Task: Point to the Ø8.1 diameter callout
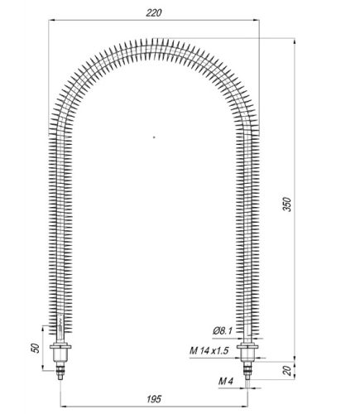222,331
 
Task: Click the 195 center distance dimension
155,398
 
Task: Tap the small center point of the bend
154,135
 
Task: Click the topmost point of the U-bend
154,40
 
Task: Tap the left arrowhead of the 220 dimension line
53,22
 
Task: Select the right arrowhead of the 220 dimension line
257,22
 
